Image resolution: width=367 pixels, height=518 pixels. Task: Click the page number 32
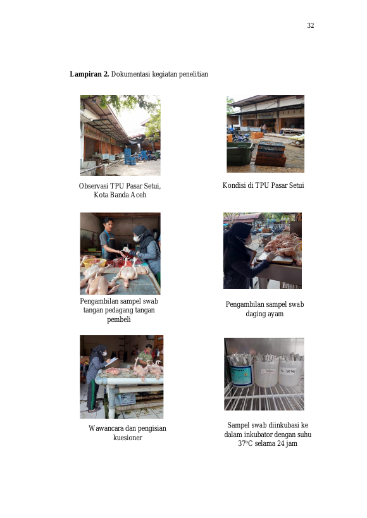pyautogui.click(x=311, y=25)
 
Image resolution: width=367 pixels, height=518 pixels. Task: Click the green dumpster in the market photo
pyautogui.click(x=240, y=153)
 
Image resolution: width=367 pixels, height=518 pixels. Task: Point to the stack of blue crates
pyautogui.click(x=130, y=157)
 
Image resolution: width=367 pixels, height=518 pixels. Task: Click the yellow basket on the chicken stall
pyautogui.click(x=94, y=262)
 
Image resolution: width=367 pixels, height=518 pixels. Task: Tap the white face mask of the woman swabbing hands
pyautogui.click(x=137, y=238)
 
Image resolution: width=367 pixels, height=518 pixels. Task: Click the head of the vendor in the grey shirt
pyautogui.click(x=108, y=224)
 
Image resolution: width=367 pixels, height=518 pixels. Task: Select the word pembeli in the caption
pyautogui.click(x=119, y=319)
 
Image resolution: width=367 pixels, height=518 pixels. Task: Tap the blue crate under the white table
pyautogui.click(x=125, y=398)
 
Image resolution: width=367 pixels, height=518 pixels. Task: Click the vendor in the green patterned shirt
pyautogui.click(x=146, y=355)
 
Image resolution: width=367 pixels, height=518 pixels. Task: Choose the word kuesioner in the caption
pyautogui.click(x=128, y=438)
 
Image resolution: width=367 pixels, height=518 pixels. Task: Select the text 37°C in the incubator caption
pyautogui.click(x=245, y=443)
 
